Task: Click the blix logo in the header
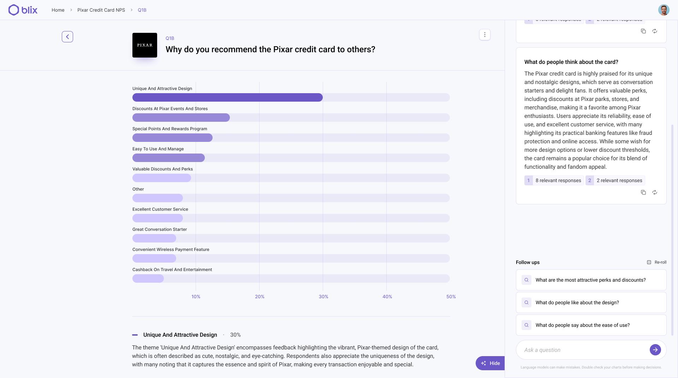(23, 10)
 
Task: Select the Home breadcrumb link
(58, 10)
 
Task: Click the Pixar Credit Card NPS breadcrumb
(101, 10)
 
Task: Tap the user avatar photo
(664, 10)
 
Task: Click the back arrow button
(67, 37)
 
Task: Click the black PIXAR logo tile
(145, 45)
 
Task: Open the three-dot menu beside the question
(484, 35)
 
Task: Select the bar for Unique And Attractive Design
(227, 97)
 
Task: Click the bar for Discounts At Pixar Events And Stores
(181, 118)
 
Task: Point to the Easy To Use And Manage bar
(168, 158)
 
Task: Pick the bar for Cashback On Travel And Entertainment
(148, 278)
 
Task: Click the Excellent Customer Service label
(160, 209)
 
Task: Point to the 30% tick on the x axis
(323, 297)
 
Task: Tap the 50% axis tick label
(451, 297)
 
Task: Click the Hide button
(490, 363)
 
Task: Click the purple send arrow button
(655, 350)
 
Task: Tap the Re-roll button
(656, 262)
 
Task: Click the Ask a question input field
(583, 350)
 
